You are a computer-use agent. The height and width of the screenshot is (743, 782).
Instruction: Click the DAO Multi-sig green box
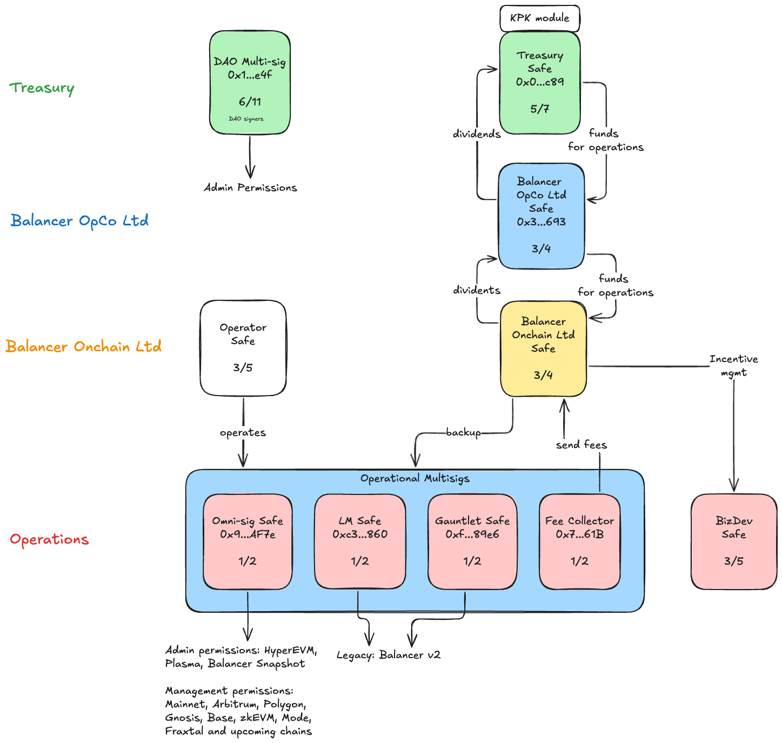(250, 82)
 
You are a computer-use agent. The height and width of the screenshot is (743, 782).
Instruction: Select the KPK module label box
(539, 18)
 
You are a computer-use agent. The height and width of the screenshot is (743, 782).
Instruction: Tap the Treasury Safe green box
(539, 82)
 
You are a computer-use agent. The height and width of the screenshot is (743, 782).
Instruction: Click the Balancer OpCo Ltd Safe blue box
(541, 216)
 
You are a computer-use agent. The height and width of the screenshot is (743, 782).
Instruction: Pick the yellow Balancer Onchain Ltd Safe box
(543, 349)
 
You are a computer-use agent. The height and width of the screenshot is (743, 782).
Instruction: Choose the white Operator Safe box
(243, 348)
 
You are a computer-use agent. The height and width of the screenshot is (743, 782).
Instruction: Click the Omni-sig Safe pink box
(248, 541)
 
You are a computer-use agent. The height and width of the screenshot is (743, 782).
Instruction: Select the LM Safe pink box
(360, 541)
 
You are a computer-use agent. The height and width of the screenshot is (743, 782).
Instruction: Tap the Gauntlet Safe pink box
(472, 541)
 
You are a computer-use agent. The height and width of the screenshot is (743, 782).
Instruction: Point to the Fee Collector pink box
(579, 541)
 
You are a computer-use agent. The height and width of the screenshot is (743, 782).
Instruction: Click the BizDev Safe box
(733, 541)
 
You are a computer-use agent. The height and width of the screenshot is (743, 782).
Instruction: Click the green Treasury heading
(42, 88)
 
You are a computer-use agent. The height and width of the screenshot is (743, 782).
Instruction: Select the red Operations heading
(49, 539)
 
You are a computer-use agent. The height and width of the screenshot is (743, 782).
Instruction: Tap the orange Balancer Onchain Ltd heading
(83, 346)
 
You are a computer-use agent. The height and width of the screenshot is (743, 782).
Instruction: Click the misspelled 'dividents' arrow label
(476, 290)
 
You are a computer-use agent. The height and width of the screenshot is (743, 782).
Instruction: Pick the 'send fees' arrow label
(581, 445)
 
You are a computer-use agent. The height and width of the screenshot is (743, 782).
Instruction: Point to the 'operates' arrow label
(243, 432)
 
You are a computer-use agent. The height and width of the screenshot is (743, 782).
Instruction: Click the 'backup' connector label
(463, 432)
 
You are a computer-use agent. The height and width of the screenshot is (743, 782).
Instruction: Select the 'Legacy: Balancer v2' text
(388, 655)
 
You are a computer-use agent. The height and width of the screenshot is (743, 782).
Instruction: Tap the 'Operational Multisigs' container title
(415, 478)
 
